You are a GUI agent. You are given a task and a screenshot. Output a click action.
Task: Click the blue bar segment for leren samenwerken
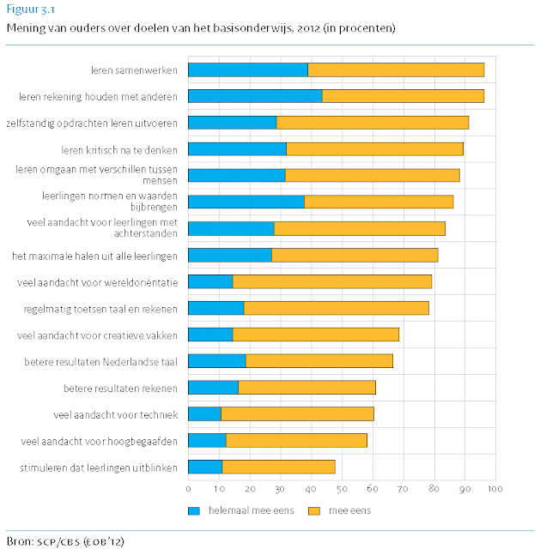[x=247, y=69]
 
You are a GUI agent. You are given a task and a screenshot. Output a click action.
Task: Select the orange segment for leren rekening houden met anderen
[x=403, y=95]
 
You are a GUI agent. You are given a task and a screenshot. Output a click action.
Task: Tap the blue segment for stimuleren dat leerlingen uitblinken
[x=205, y=467]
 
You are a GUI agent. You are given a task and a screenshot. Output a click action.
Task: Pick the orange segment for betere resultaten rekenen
[x=306, y=387]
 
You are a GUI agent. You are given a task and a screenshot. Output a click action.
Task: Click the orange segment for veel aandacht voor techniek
[x=297, y=414]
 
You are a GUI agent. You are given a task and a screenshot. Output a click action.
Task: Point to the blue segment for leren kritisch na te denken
[x=237, y=149]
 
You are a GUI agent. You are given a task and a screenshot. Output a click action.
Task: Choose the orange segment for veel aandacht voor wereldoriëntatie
[x=331, y=281]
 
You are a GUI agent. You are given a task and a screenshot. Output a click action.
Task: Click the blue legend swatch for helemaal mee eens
[x=194, y=510]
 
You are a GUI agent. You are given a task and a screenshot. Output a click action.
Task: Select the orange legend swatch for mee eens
[x=314, y=510]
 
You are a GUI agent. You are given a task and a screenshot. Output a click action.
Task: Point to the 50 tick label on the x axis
[x=342, y=489]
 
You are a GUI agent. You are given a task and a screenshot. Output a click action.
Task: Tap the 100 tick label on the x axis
[x=494, y=489]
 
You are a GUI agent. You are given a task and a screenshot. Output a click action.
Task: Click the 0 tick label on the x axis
[x=188, y=489]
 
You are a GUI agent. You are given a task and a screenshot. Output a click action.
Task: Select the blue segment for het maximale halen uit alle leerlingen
[x=229, y=255]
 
